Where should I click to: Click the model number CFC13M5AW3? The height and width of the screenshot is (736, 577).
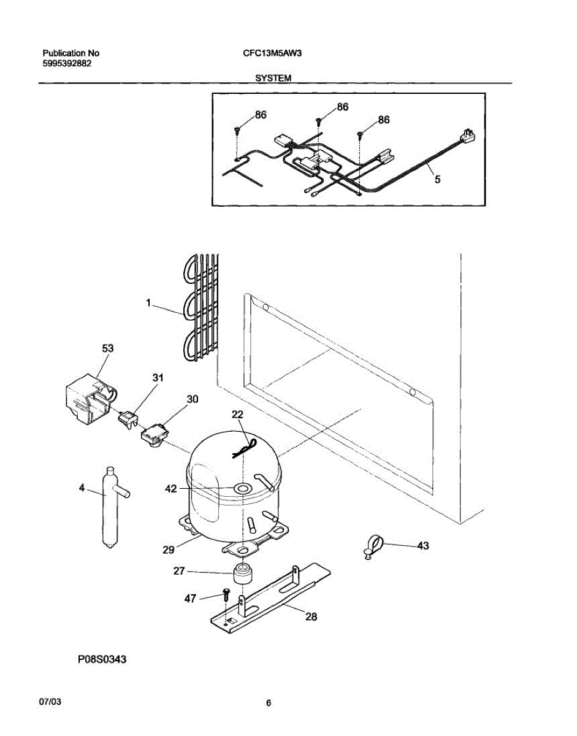[272, 53]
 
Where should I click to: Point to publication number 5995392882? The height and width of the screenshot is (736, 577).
[67, 63]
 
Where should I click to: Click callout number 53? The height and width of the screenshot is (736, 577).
[107, 348]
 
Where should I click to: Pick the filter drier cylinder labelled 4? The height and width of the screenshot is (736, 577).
[110, 507]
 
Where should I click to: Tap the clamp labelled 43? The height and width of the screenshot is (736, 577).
[372, 545]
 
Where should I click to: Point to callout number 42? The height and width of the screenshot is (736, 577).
[171, 489]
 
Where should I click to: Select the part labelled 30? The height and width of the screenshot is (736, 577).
[153, 437]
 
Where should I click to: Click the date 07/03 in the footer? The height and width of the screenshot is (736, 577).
[49, 700]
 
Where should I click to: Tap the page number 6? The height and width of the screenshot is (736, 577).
[268, 703]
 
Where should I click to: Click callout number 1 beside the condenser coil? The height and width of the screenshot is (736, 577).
[148, 302]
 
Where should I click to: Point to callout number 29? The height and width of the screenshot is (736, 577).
[169, 549]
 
